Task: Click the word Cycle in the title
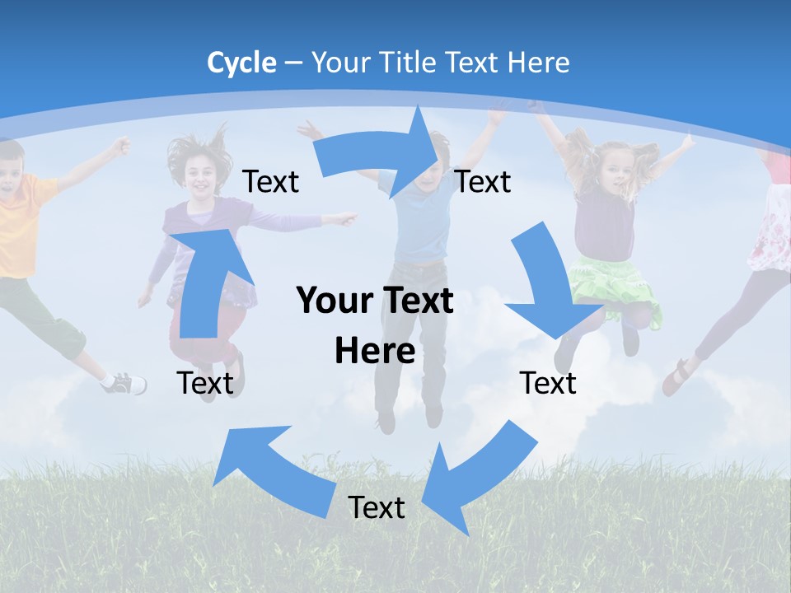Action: coord(241,63)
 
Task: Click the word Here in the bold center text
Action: coord(375,351)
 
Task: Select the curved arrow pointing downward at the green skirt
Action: coord(548,284)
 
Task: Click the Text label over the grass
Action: coord(377,507)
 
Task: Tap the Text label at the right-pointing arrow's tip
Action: coord(483,181)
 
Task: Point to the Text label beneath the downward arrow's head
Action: coord(548,383)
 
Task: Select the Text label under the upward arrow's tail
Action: coord(205,383)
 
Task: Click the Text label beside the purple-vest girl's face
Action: coord(270,181)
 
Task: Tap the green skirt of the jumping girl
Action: coord(614,284)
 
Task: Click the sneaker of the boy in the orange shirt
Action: coord(124,383)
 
